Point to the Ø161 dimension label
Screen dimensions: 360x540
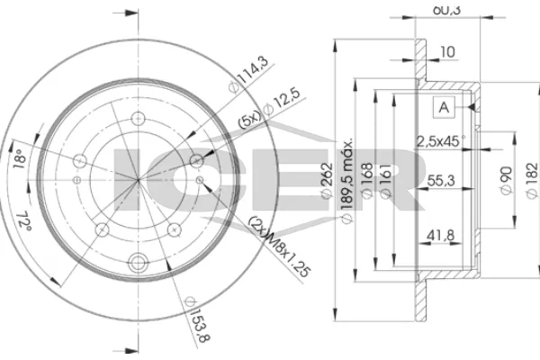pos(385,185)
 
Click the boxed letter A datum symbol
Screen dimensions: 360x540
pos(443,107)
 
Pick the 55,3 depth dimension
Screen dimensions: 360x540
pos(439,181)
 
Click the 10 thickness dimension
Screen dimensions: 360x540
pos(447,52)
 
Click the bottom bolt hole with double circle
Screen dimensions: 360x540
pos(138,263)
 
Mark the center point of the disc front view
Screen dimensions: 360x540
pos(138,179)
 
